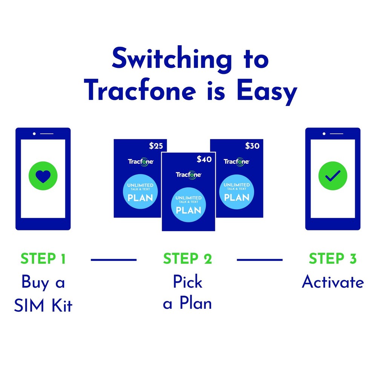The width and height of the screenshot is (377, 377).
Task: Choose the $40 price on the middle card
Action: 204,159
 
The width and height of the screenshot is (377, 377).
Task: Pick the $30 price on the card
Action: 252,146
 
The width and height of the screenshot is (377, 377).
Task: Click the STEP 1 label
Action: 43,259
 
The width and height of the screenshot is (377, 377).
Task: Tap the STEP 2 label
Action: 187,259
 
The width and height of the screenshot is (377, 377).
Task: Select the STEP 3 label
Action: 332,259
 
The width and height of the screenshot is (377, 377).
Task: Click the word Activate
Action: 333,282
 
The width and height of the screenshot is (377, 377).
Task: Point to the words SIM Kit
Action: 43,306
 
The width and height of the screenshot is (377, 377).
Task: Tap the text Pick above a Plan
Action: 187,282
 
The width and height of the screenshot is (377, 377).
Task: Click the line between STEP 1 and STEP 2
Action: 114,259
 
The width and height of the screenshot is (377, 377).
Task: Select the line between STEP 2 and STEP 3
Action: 259,259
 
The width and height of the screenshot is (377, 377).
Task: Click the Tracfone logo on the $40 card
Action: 188,175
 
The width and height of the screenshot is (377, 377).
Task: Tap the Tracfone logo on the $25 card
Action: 141,161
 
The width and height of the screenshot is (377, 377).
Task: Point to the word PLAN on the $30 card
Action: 236,198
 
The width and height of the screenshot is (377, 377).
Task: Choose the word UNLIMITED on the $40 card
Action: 188,198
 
